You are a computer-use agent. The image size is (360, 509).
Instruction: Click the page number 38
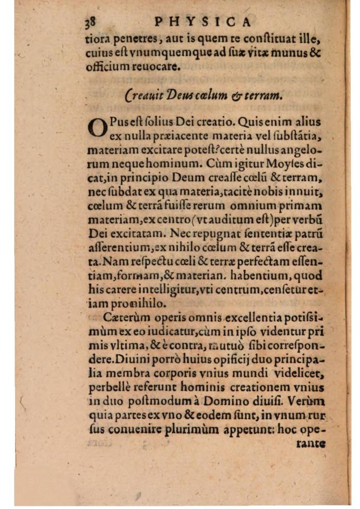91,21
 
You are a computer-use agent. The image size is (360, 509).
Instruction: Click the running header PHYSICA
204,21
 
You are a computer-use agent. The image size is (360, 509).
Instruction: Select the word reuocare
157,67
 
